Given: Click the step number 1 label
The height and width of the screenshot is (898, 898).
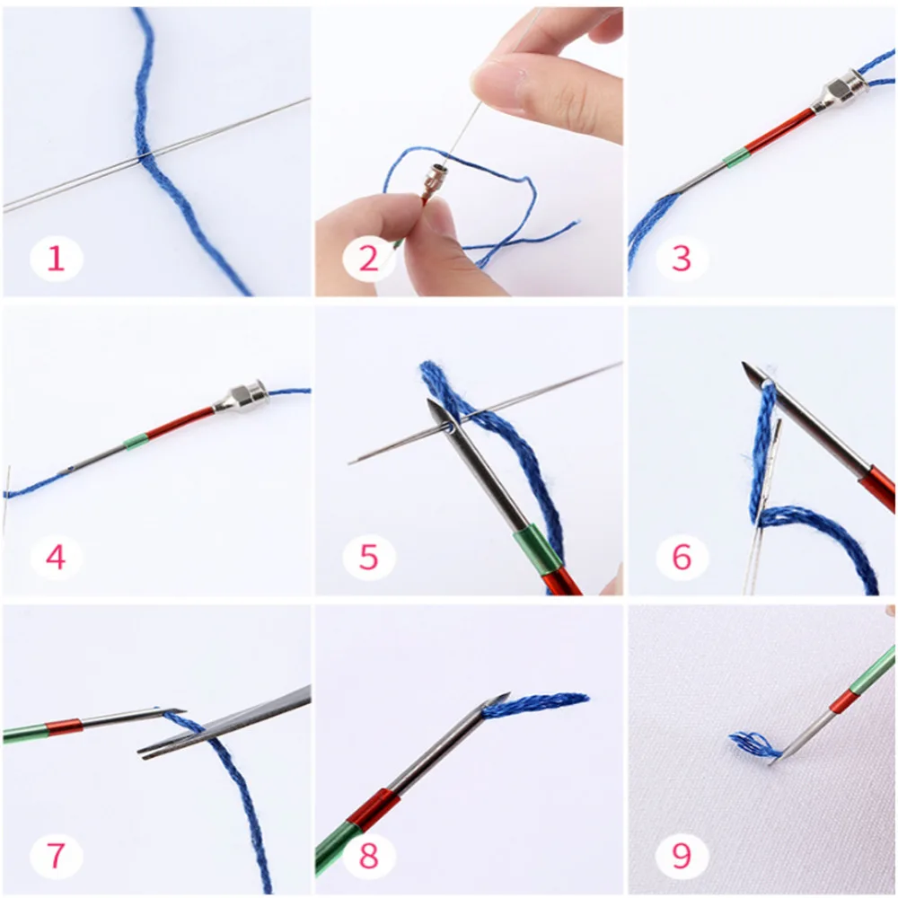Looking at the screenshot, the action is tap(56, 259).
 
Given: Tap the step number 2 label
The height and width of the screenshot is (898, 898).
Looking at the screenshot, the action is tap(368, 259).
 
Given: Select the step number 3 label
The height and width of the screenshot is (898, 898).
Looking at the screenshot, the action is tap(681, 259).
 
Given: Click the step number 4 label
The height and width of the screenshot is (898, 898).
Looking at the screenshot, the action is tap(56, 557).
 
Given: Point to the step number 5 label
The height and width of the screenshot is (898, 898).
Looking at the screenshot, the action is tap(368, 557).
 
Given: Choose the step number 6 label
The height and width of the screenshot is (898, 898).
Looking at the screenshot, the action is tap(681, 557).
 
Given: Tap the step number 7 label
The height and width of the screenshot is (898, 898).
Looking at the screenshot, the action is tap(56, 856).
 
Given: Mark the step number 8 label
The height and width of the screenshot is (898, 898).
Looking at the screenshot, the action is tap(368, 856).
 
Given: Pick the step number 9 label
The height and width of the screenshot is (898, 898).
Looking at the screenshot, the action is tap(681, 856).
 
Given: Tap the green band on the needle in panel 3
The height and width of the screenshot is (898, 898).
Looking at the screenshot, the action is tap(735, 155).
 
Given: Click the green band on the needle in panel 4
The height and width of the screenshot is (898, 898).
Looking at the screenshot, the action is tap(136, 441).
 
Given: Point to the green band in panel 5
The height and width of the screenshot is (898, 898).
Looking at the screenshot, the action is tap(536, 550).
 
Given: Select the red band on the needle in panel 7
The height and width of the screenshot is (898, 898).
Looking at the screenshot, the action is tap(64, 726).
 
